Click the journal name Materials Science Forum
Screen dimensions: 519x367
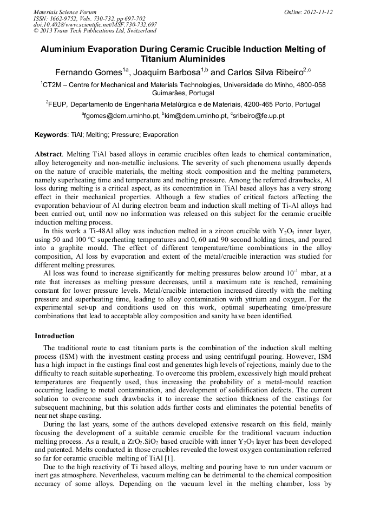65,11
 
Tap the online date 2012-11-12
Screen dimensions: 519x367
319,11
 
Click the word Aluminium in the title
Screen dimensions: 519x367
64,49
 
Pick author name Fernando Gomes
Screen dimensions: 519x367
88,72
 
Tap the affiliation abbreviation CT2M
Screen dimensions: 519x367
54,85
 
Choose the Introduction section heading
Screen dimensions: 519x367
55,336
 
